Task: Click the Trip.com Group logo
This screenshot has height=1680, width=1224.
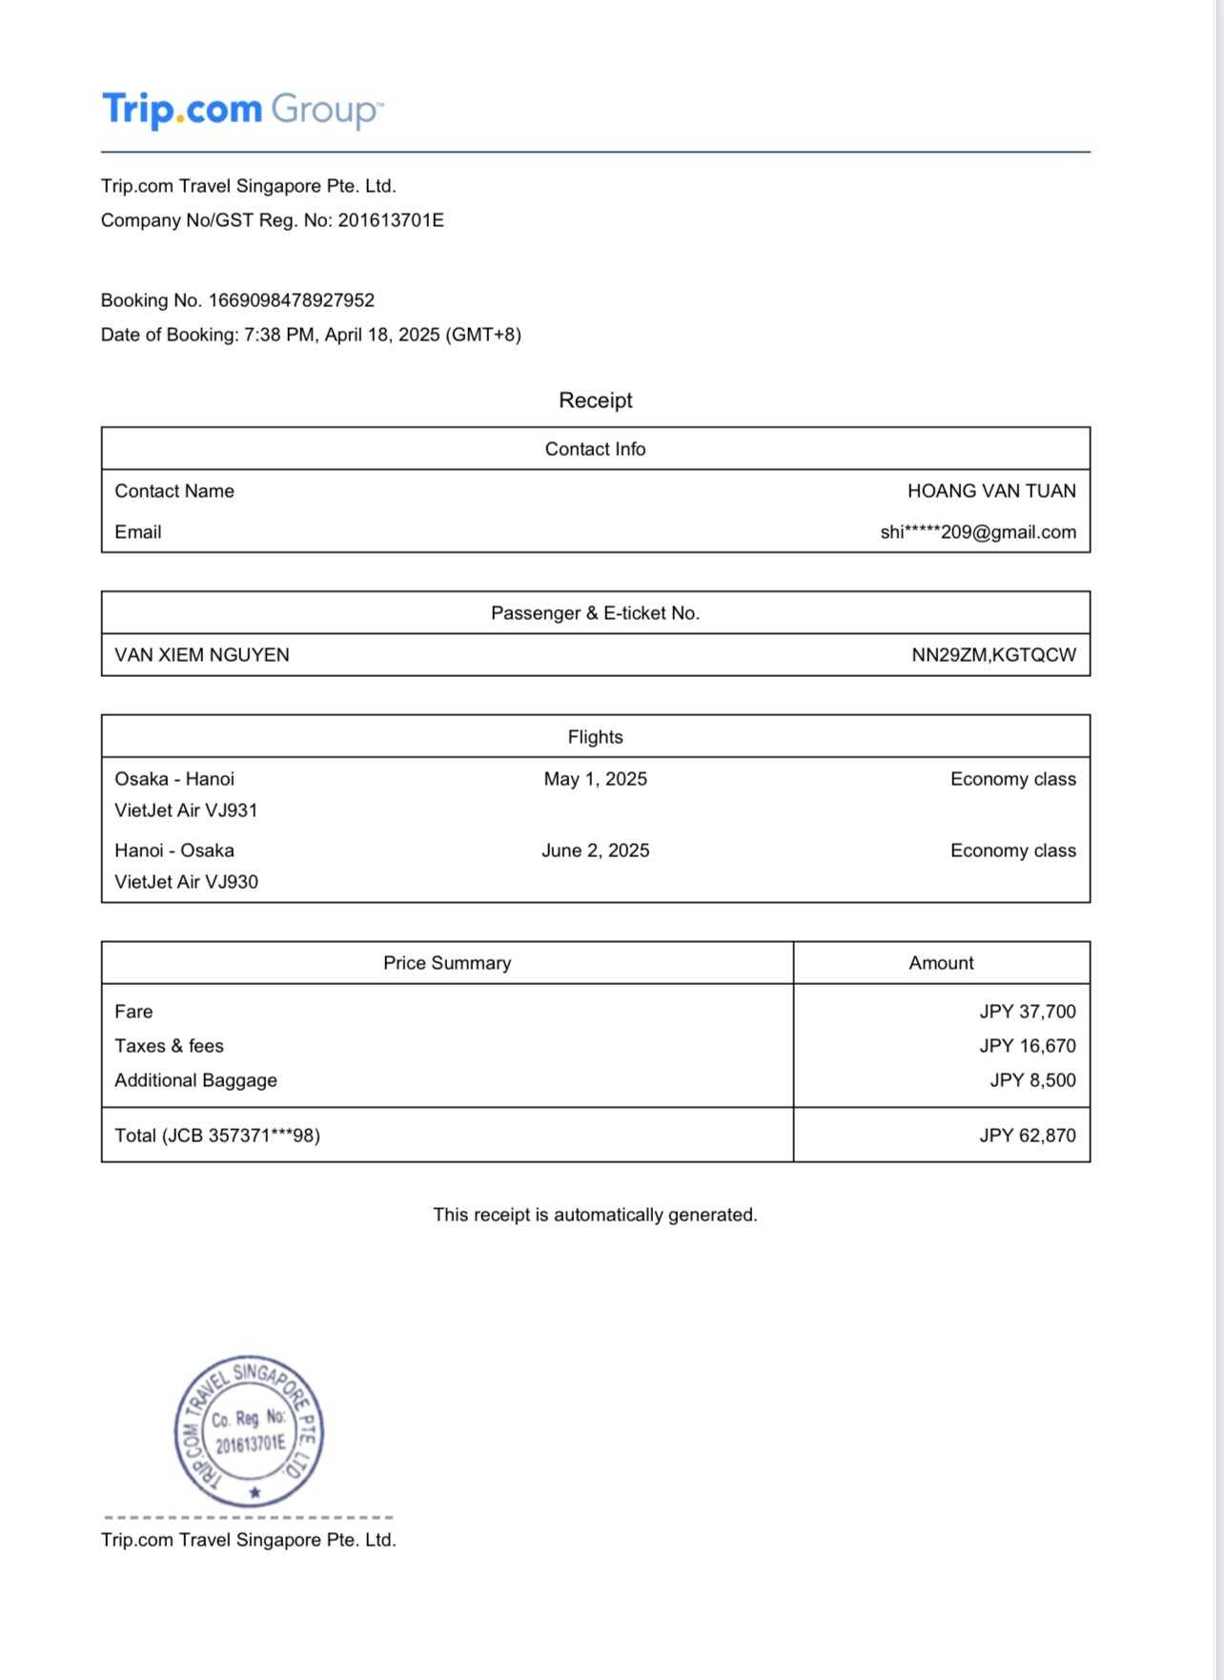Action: [x=242, y=110]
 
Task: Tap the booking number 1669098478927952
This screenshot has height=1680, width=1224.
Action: [x=292, y=300]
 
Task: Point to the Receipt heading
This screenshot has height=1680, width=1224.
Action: [x=595, y=400]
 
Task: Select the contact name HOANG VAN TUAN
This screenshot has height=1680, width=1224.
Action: [x=991, y=491]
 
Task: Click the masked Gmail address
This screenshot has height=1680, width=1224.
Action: [x=978, y=532]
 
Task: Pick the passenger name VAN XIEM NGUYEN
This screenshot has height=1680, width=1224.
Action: [x=202, y=655]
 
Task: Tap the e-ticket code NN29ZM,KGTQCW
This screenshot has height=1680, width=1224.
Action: [x=993, y=655]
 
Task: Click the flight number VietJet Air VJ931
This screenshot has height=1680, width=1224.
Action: [x=186, y=810]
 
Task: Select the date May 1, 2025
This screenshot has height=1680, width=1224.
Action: [x=595, y=779]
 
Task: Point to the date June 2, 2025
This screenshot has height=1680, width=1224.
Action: [x=595, y=850]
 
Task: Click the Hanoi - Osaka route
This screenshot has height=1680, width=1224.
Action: [x=174, y=850]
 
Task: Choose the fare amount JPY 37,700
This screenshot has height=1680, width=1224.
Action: [x=1028, y=1012]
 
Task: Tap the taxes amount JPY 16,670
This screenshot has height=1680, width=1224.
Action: [x=1028, y=1046]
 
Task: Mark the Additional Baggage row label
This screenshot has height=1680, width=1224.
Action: [x=195, y=1080]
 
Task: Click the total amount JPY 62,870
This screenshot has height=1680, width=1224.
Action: [x=1028, y=1136]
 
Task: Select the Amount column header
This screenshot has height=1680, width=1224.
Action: [x=941, y=963]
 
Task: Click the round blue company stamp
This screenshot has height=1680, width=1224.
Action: [x=249, y=1431]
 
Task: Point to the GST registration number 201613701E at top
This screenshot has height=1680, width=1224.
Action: [x=391, y=220]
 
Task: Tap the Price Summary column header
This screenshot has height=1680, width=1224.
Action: [x=447, y=963]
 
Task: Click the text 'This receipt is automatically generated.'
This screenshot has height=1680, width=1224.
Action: [x=595, y=1215]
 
